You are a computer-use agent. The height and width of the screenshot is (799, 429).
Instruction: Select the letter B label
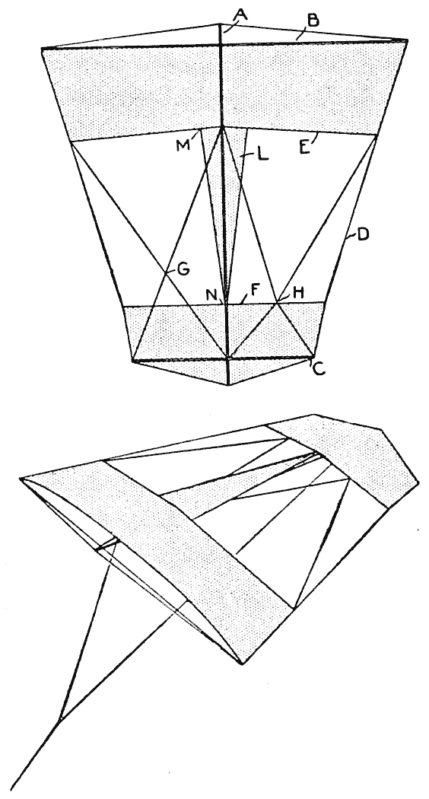pyautogui.click(x=313, y=21)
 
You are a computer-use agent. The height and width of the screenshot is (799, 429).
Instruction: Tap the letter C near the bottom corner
pyautogui.click(x=319, y=369)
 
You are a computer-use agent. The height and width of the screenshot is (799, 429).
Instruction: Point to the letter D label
pyautogui.click(x=363, y=235)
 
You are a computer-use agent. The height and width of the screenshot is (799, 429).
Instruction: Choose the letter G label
pyautogui.click(x=183, y=269)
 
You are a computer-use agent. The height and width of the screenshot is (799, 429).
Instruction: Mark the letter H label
pyautogui.click(x=299, y=292)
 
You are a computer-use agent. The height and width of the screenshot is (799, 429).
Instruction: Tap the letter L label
pyautogui.click(x=262, y=155)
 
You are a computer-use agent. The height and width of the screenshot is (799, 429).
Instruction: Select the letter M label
pyautogui.click(x=183, y=145)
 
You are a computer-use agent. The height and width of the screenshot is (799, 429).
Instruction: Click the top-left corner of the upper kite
pyautogui.click(x=42, y=49)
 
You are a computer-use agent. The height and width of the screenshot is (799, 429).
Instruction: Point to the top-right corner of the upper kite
pyautogui.click(x=408, y=40)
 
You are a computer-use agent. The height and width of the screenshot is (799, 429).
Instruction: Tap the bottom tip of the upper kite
pyautogui.click(x=228, y=385)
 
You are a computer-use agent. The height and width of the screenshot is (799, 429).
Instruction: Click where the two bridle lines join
pyautogui.click(x=60, y=719)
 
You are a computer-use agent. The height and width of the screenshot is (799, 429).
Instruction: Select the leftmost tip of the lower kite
pyautogui.click(x=21, y=479)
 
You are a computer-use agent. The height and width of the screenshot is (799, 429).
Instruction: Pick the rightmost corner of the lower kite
pyautogui.click(x=418, y=482)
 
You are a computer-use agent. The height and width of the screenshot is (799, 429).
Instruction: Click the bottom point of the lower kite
pyautogui.click(x=243, y=664)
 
